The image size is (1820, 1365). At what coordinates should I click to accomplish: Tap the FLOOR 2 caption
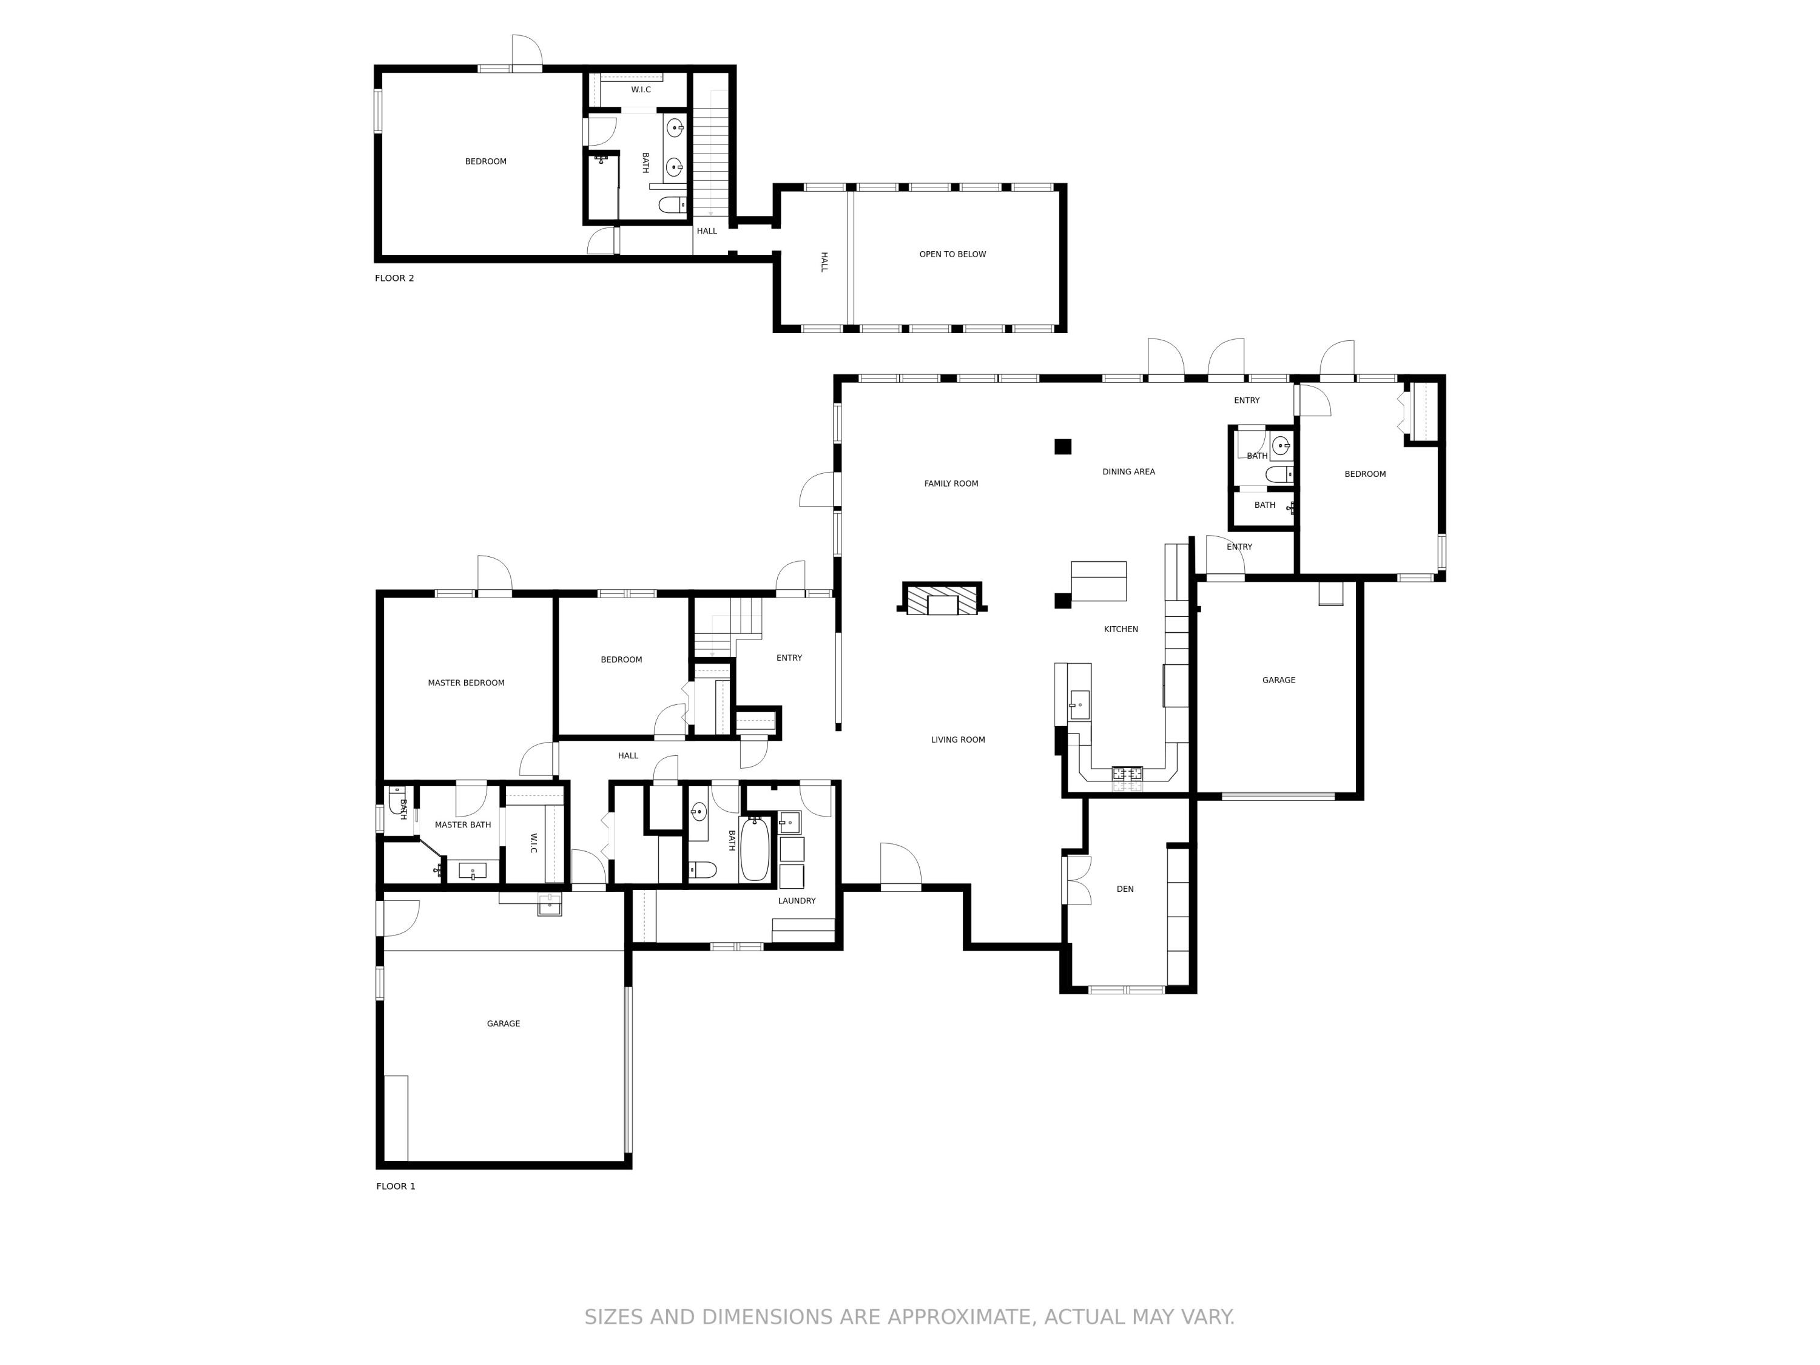(x=394, y=278)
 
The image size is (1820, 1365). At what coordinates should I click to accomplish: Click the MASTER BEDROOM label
(x=466, y=683)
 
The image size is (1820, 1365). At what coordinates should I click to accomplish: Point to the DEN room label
(x=1125, y=889)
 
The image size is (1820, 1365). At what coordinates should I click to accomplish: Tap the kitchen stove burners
(x=1127, y=773)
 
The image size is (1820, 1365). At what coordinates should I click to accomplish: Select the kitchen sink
(x=1079, y=704)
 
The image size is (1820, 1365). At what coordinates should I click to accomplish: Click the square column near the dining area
(x=1063, y=447)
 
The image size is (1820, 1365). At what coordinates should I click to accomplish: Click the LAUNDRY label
(x=797, y=901)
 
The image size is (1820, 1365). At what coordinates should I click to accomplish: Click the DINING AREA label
(x=1128, y=471)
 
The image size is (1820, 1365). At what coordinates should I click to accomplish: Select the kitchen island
(x=1099, y=581)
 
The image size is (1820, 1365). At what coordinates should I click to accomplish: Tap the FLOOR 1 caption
(x=396, y=1185)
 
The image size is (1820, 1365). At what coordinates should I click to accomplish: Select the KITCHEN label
(x=1121, y=630)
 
